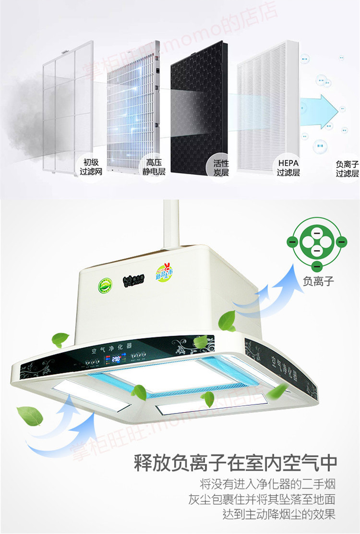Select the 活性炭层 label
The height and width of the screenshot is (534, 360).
[221, 167]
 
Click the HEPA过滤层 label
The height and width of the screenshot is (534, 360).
[288, 167]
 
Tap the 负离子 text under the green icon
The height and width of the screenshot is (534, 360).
[318, 280]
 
